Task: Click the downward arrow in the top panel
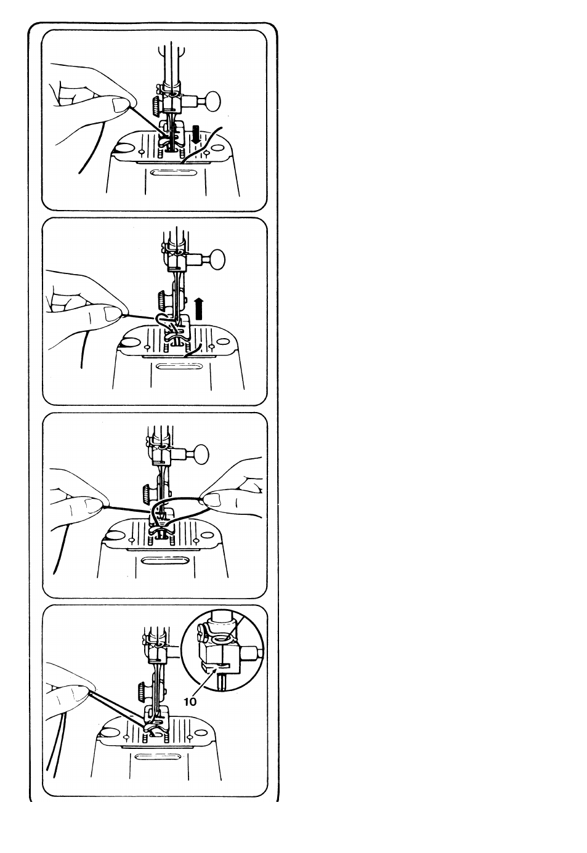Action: [x=196, y=134]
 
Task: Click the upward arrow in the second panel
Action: [x=199, y=309]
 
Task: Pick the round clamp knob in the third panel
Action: [x=201, y=454]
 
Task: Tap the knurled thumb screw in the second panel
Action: [x=161, y=300]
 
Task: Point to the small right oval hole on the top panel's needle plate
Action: [x=217, y=148]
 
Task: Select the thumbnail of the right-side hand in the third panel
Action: [x=213, y=499]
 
